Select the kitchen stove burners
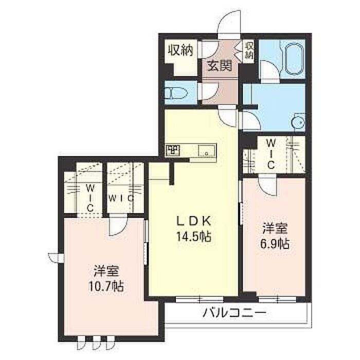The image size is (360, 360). coord(173,151)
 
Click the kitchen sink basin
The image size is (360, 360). coord(207,151)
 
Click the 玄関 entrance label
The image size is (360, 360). coord(220,66)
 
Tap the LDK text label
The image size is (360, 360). coord(193,221)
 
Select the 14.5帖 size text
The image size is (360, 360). coord(193,237)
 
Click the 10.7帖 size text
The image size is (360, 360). coord(106,286)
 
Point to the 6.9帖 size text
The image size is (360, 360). coord(275,244)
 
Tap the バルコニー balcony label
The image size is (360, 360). coord(234,313)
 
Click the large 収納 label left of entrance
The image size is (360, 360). coord(181,50)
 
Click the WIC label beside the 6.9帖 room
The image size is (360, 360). coord(271,154)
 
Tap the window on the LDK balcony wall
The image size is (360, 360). coord(200,299)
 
